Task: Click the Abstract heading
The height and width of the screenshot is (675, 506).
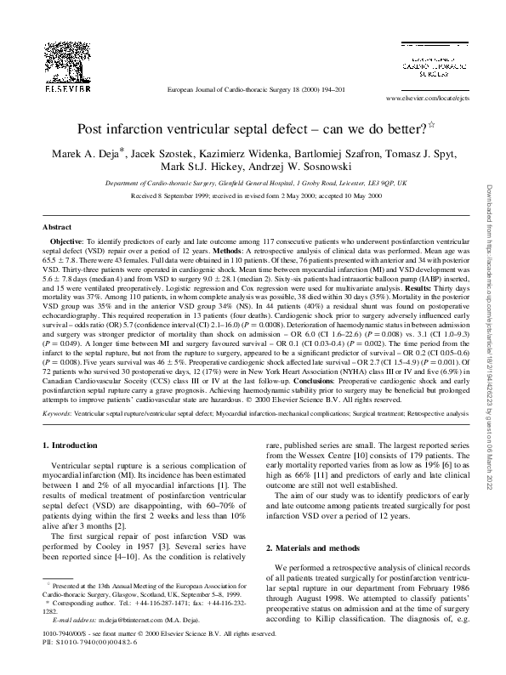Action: [57, 228]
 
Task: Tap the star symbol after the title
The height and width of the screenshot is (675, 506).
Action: [431, 126]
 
